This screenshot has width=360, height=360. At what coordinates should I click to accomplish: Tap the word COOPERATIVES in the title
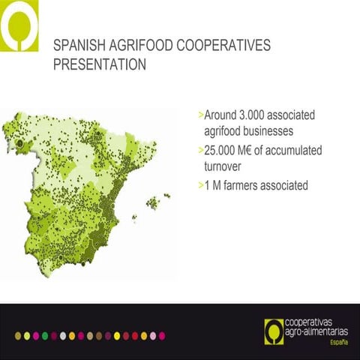[223, 47]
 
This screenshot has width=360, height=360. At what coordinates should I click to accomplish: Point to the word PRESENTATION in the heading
[100, 65]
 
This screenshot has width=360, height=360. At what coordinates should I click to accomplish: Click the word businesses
[272, 133]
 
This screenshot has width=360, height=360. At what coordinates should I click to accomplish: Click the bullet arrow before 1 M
[200, 185]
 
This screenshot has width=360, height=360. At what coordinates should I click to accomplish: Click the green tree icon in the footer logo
[275, 328]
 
